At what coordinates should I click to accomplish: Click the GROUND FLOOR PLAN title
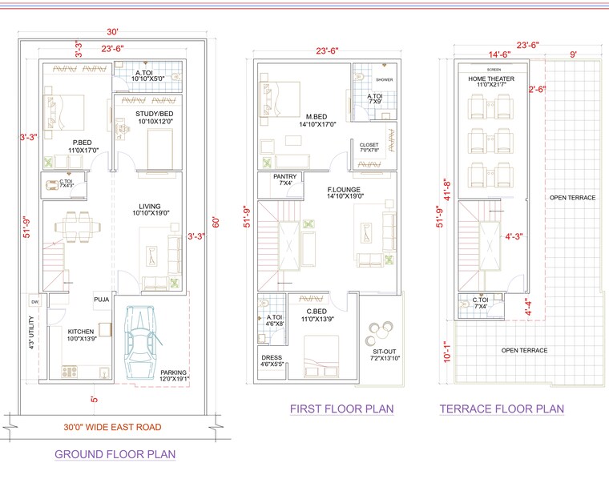click(115, 454)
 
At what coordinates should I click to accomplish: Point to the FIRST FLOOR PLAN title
click(341, 409)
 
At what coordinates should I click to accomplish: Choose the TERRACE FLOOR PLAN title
click(502, 409)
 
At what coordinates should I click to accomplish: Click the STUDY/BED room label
click(154, 117)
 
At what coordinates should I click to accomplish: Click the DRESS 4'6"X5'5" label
click(272, 361)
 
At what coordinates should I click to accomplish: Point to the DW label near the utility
click(34, 302)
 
